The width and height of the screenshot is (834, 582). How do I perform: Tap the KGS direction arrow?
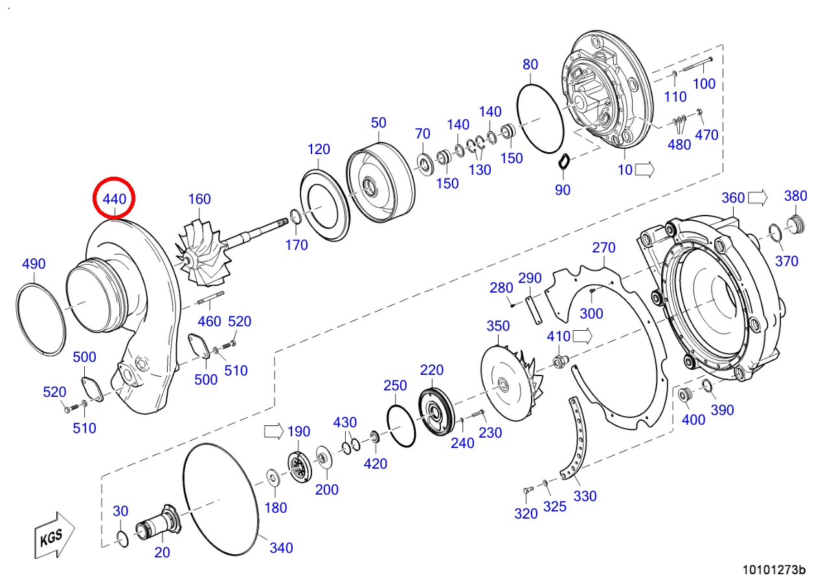coord(54,535)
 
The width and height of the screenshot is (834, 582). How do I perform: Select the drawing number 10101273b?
coord(774,570)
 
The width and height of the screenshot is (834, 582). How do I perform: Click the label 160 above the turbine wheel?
coord(199,199)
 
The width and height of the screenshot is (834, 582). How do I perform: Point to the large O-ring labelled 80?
coord(540,120)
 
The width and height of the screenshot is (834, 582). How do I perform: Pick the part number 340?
coord(281,548)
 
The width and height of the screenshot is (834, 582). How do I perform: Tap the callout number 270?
coord(603,248)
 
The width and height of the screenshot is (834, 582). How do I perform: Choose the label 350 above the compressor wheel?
coord(498,326)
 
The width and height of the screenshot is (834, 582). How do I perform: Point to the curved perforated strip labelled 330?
coord(577,440)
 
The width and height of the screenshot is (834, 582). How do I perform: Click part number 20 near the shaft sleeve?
coord(162,552)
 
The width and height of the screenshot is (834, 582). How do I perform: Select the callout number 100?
coord(704,84)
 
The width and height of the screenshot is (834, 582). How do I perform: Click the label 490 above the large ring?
coord(34,263)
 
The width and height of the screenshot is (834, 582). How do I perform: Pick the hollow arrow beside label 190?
coord(273,431)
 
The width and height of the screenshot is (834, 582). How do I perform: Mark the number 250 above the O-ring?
coord(395,385)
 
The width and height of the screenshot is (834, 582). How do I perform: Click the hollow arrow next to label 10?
coord(645,170)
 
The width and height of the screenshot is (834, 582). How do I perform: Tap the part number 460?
coord(209,321)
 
